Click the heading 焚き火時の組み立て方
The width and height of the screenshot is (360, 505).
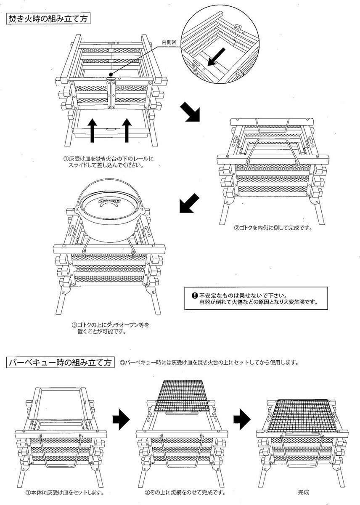48,19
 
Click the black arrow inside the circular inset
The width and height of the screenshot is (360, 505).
218,57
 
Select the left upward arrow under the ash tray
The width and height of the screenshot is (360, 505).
92,129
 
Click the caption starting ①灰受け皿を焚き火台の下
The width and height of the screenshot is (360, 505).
109,162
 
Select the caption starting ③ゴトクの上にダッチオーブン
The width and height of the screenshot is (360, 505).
110,328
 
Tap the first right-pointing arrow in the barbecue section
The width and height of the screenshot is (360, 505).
121,420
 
